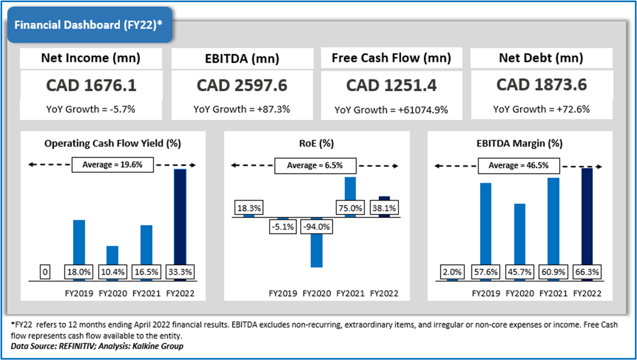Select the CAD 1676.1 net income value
[x=91, y=85]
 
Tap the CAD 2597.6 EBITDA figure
[x=242, y=85]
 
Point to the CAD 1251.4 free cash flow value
[x=391, y=85]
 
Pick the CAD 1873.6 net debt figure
[x=542, y=85]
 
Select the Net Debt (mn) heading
[x=541, y=58]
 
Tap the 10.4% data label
[x=113, y=272]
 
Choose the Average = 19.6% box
[x=113, y=165]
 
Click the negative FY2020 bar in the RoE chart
[x=316, y=249]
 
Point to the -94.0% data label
[x=316, y=226]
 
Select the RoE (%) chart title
[x=317, y=143]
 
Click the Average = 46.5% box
[x=519, y=165]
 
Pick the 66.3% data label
[x=586, y=272]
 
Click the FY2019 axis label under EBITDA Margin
[x=485, y=293]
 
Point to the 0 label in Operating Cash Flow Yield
[x=45, y=272]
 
